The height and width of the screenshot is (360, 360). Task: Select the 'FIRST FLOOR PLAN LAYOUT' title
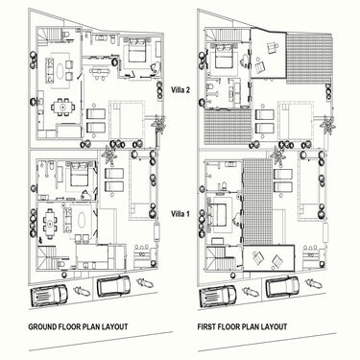[242, 326]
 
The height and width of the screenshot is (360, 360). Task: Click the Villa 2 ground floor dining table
[67, 105]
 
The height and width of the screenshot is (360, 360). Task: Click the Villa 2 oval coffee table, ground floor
[68, 68]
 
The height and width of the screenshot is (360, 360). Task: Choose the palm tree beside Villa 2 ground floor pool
[158, 122]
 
